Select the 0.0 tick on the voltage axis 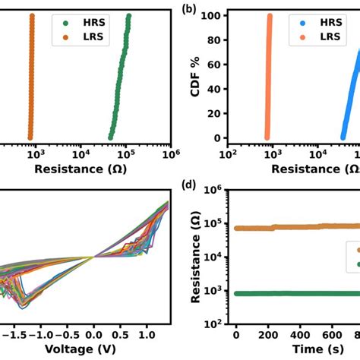point(93,334)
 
